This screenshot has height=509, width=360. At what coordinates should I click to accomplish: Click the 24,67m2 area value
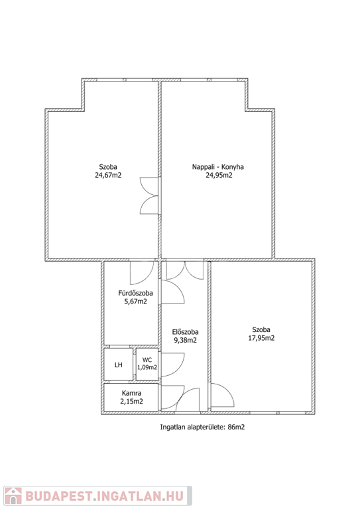[x=108, y=175]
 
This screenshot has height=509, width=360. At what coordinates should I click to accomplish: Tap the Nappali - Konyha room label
[x=218, y=167]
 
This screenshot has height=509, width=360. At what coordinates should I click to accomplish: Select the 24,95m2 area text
[x=219, y=175]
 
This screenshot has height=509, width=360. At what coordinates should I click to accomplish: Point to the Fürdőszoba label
[x=135, y=293]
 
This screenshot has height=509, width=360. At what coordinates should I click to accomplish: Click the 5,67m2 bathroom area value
[x=136, y=302]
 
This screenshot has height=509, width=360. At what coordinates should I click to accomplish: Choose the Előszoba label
[x=185, y=332]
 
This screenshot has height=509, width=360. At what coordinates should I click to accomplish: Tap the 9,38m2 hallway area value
[x=186, y=340]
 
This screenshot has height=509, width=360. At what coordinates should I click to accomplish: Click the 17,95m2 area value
[x=261, y=338]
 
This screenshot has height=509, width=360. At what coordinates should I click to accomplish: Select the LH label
[x=119, y=365]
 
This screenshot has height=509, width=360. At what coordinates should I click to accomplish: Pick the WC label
[x=147, y=360]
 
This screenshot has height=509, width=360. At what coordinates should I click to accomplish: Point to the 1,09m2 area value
[x=147, y=367]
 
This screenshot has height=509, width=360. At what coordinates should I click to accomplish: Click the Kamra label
[x=131, y=393]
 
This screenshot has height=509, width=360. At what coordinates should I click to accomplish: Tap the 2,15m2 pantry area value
[x=131, y=401]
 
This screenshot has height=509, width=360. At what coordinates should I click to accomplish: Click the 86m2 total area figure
[x=236, y=427]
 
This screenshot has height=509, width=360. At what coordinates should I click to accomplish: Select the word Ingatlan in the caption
[x=172, y=427]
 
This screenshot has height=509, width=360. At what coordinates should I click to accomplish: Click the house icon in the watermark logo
[x=13, y=496]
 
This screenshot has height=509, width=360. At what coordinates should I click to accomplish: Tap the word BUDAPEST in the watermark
[x=58, y=496]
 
